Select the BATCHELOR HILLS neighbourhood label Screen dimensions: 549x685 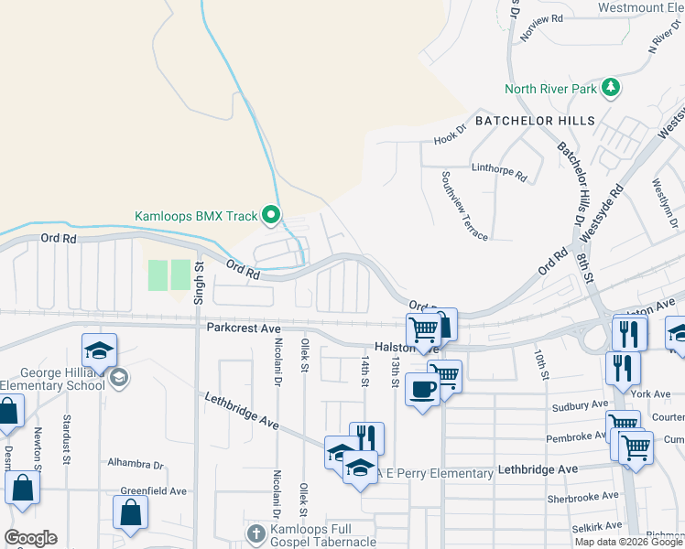535,121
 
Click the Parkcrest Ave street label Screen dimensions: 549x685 241,327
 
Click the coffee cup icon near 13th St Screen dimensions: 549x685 422,389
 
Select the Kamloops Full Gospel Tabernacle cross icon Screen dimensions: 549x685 256,533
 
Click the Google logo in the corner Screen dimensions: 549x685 30,538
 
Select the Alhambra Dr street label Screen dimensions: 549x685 135,464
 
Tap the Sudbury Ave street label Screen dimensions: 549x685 580,404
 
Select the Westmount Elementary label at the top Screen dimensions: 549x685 641,7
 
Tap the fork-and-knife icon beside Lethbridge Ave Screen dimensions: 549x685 366,437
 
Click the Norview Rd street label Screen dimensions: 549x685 541,32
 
